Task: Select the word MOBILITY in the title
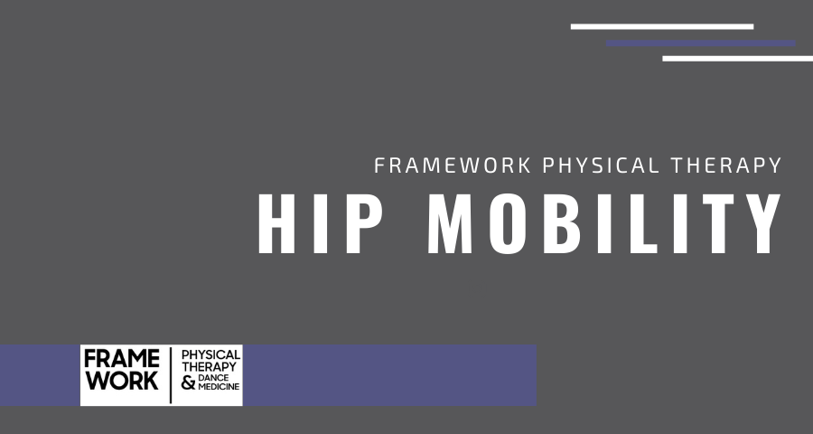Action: (604, 223)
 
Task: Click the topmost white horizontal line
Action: (661, 26)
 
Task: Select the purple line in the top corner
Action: (700, 42)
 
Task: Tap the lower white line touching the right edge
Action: (737, 59)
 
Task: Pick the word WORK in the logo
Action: (122, 382)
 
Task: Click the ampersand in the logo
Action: (188, 383)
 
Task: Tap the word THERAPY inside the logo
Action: (210, 366)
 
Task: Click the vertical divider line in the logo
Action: (172, 374)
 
